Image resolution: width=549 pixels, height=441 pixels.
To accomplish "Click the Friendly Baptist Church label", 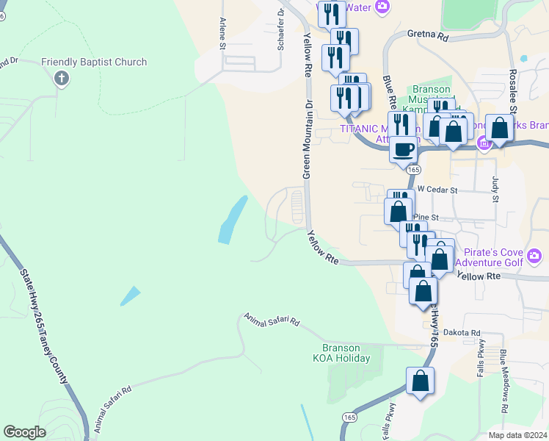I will pos(94,62).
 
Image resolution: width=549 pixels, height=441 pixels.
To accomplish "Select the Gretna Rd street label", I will pos(427,35).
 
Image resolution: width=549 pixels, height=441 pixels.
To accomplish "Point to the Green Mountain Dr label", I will pos(308,139).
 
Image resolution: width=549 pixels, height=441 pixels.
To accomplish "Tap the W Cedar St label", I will pos(437,190).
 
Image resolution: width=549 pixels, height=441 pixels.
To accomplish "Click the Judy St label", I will pos(495,188).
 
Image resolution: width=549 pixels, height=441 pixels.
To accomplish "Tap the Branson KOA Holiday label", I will pos(345,353).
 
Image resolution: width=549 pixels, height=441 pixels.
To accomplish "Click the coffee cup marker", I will pos(403,151).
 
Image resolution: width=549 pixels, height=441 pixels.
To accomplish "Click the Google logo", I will pos(24,431).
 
